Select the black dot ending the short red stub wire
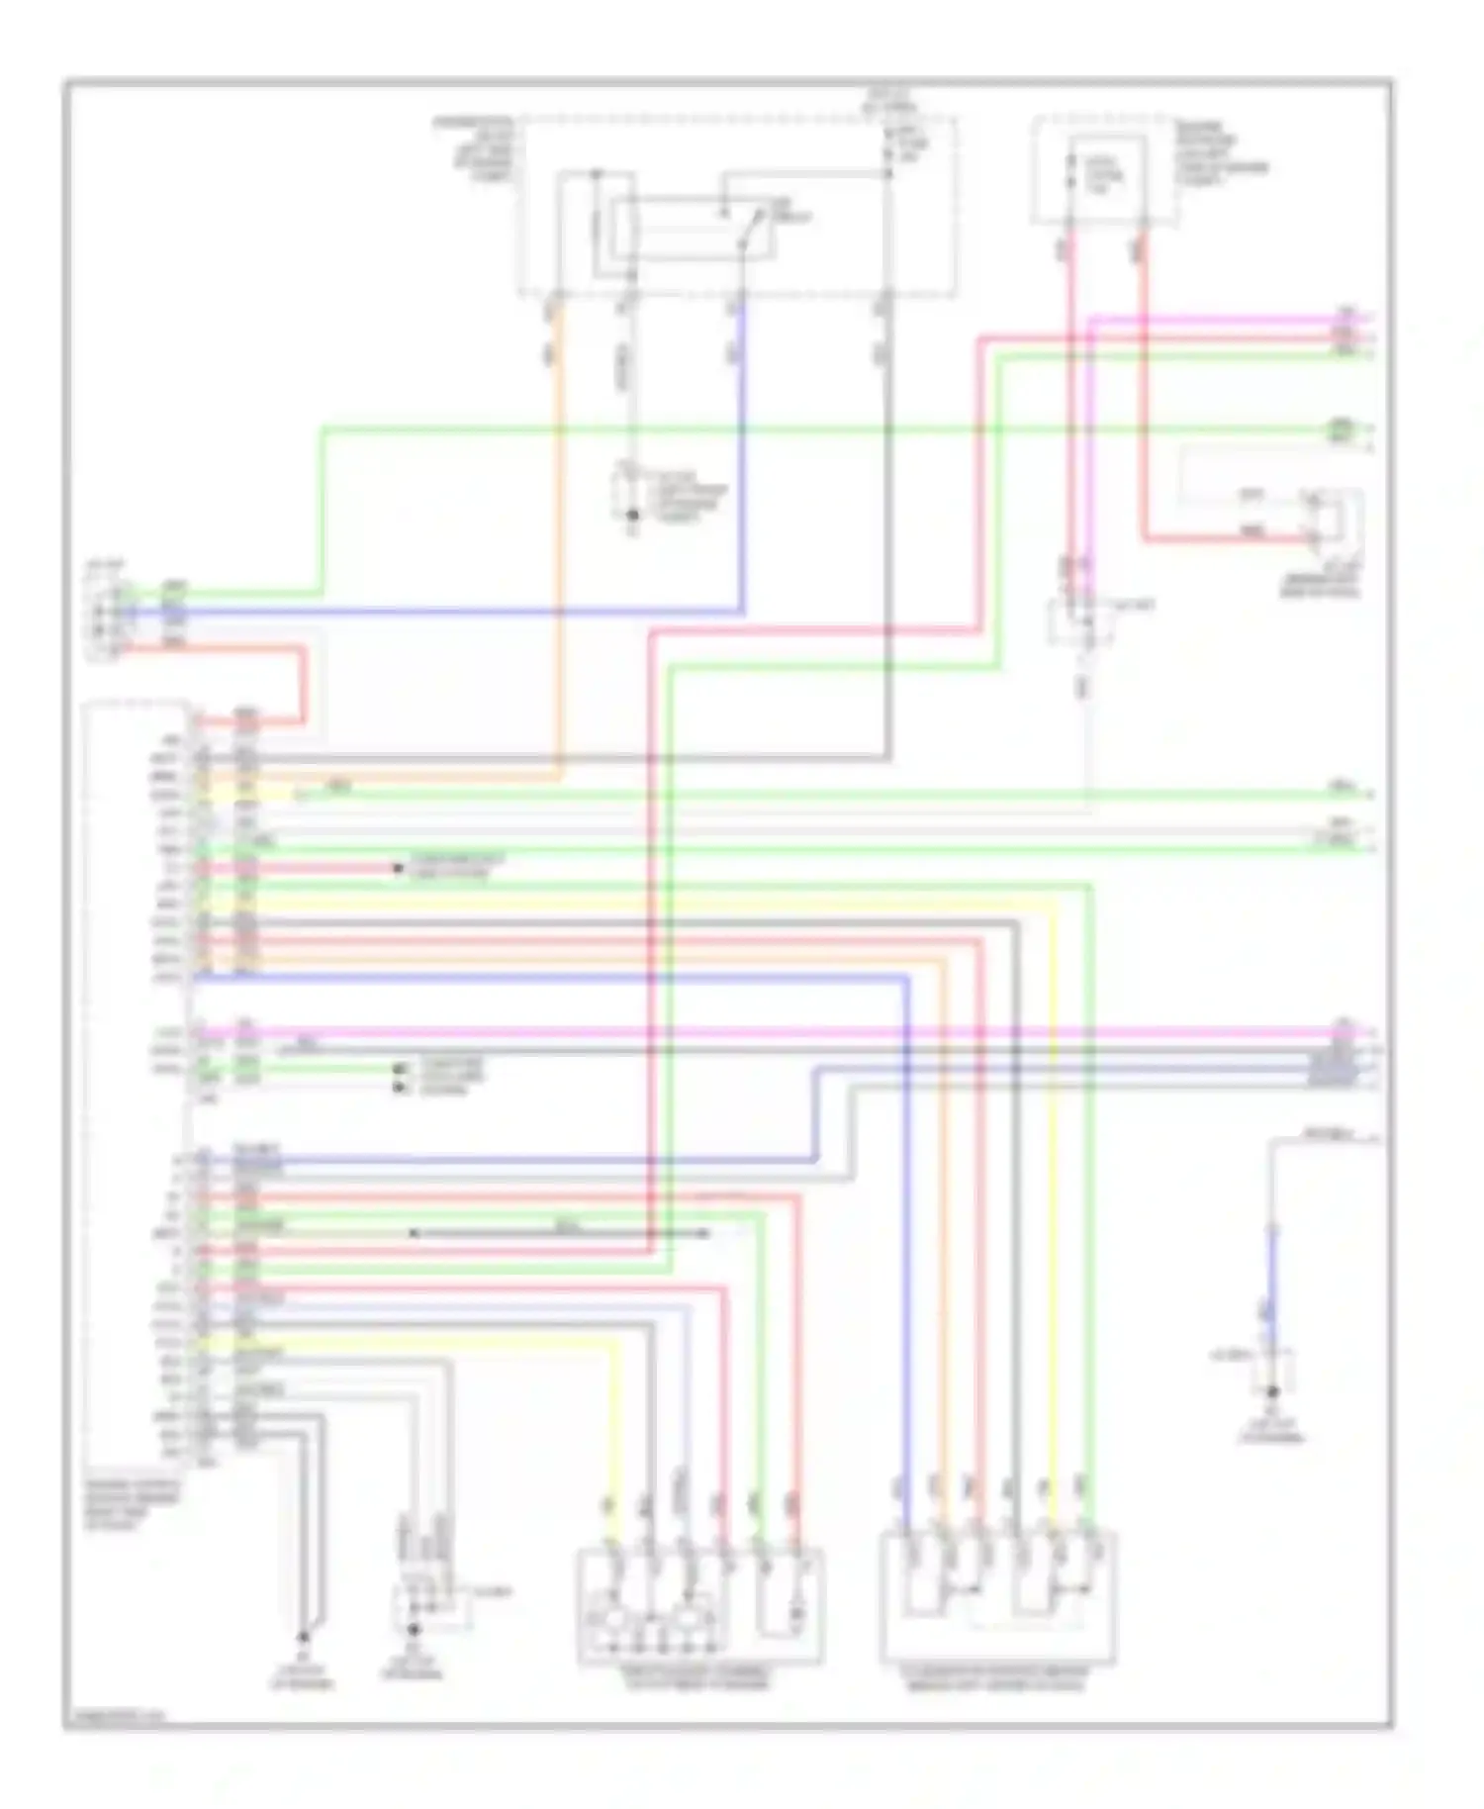tap(398, 869)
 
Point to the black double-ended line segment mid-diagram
tap(559, 1234)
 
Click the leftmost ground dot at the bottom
tap(304, 1637)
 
